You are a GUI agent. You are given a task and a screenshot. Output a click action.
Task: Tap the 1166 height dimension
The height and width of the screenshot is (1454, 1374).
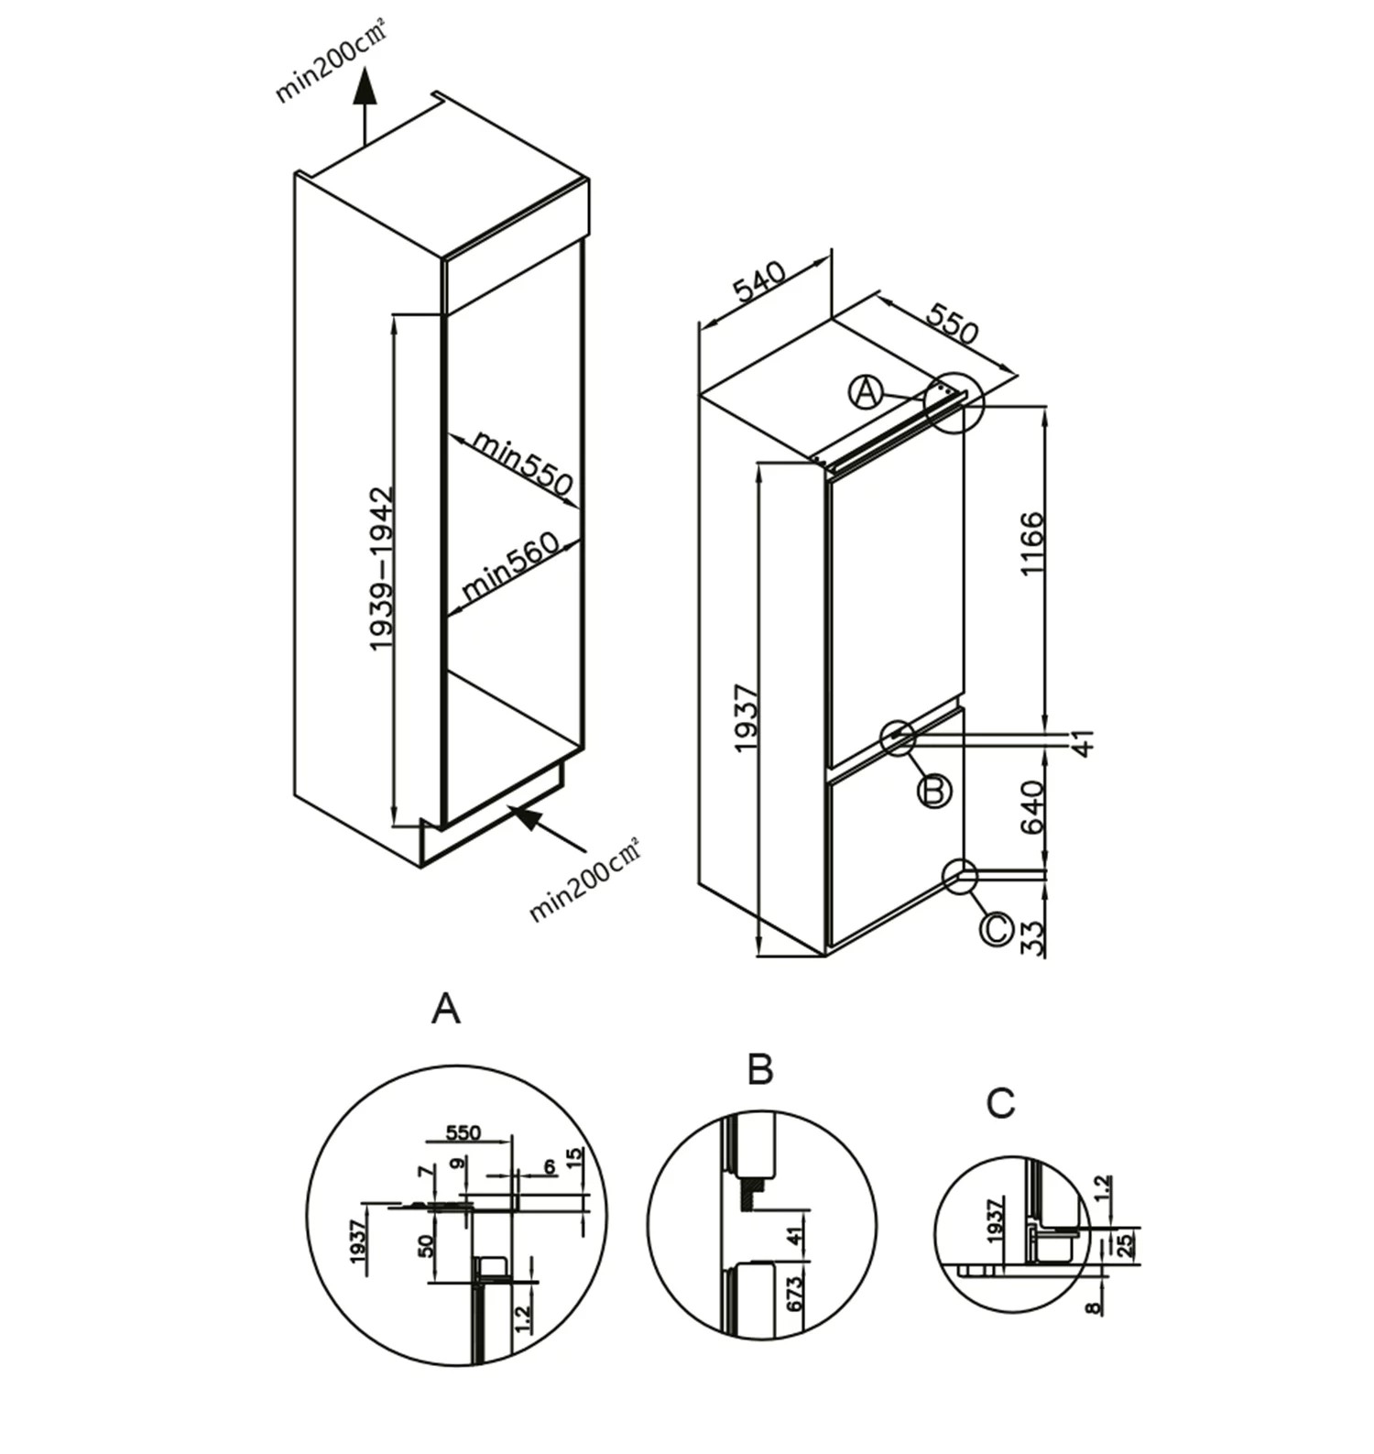(1032, 543)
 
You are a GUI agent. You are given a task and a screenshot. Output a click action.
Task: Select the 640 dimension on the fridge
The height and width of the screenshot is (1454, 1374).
(1032, 806)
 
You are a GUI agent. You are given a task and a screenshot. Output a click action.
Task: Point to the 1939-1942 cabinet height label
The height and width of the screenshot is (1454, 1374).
(381, 568)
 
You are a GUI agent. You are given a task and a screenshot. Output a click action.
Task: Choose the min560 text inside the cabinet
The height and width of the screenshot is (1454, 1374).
(510, 567)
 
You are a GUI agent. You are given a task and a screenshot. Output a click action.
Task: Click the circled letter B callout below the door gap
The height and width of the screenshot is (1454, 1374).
(934, 790)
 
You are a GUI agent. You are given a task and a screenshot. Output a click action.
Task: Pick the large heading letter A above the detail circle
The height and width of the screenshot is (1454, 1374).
(446, 1009)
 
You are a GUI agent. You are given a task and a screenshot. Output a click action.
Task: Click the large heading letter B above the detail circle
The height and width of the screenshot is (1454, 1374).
(760, 1069)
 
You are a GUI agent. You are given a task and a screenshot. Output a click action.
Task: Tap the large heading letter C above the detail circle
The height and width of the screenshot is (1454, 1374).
(1000, 1103)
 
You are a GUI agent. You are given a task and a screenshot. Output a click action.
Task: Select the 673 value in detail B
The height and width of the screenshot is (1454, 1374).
(794, 1293)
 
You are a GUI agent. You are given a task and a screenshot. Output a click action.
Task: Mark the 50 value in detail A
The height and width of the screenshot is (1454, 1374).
(426, 1246)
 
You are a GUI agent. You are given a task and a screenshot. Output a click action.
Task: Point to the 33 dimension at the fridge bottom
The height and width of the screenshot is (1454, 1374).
(1032, 938)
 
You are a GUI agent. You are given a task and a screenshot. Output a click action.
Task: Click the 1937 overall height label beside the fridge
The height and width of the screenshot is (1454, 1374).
(747, 718)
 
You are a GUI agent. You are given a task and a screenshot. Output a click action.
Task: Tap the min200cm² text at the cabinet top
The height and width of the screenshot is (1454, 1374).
(331, 62)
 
